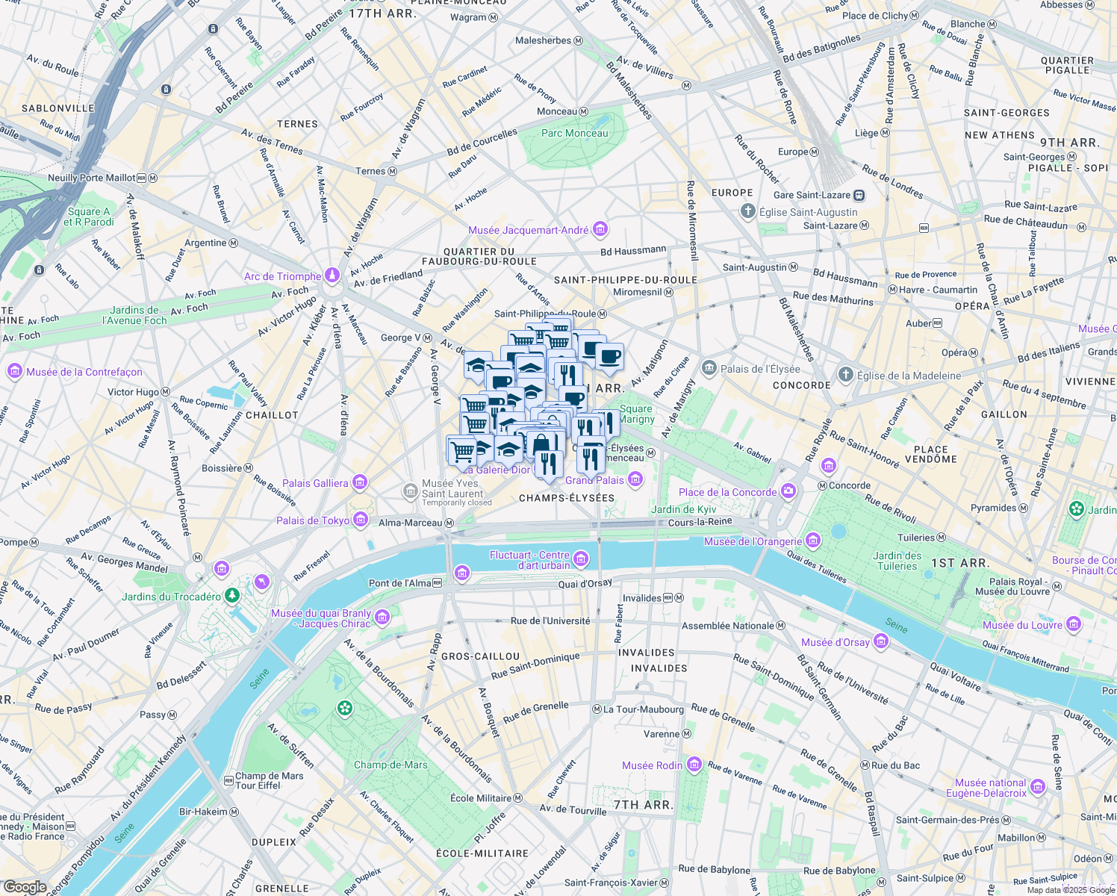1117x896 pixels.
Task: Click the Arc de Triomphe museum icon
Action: pos(332,276)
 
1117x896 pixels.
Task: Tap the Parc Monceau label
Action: pos(574,133)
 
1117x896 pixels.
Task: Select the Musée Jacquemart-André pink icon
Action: pos(600,230)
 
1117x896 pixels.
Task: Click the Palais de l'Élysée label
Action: pos(760,369)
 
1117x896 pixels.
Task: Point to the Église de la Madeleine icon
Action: pos(844,375)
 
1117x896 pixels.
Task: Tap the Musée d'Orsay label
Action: pos(835,642)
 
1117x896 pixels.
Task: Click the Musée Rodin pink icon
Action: pos(694,765)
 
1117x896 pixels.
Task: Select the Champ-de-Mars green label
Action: pos(391,765)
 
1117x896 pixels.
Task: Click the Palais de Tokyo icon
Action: pos(361,520)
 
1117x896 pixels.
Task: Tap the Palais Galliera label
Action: pos(315,483)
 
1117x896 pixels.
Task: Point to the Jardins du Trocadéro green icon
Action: pos(232,595)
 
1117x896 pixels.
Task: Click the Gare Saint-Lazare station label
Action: pos(812,195)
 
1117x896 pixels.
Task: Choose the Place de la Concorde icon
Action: pos(788,491)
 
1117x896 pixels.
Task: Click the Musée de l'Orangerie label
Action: pos(753,541)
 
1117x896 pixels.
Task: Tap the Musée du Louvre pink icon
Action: pos(1074,624)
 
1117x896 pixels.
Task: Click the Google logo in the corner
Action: pos(25,887)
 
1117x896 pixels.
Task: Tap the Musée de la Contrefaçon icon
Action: pos(14,371)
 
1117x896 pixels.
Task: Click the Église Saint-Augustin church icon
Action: pos(747,211)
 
